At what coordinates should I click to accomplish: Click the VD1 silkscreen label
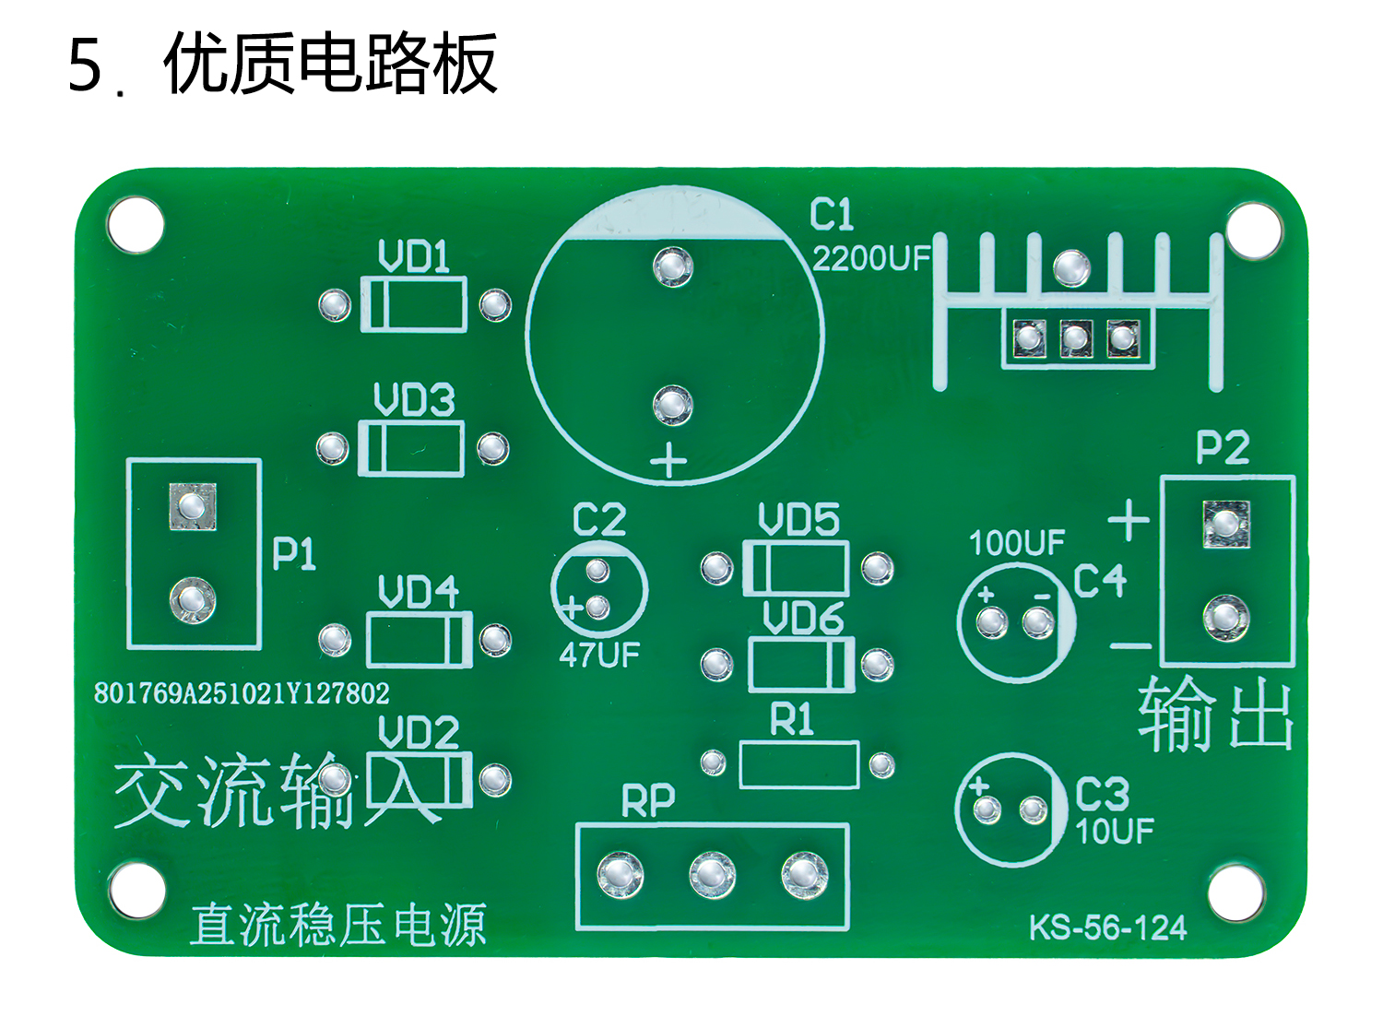[414, 256]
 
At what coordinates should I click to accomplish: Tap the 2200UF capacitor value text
[871, 259]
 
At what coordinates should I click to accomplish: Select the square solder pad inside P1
[193, 506]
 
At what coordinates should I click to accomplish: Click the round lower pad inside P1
[193, 600]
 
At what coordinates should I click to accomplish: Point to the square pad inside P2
[1225, 524]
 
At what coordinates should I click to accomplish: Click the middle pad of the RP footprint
[712, 874]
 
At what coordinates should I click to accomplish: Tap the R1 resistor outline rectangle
[798, 764]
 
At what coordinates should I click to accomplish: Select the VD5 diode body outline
[796, 568]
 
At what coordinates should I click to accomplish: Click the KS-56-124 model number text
[1107, 928]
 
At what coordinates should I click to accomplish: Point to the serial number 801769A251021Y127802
[242, 693]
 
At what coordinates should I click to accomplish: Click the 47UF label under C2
[598, 656]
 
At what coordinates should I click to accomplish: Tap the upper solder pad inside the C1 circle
[673, 266]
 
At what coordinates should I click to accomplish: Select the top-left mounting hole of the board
[136, 224]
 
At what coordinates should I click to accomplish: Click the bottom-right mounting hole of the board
[1235, 892]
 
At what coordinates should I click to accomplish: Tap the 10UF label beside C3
[1115, 832]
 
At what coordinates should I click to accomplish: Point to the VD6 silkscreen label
[803, 619]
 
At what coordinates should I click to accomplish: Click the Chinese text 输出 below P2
[1216, 715]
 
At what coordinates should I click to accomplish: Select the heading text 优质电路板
[330, 65]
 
